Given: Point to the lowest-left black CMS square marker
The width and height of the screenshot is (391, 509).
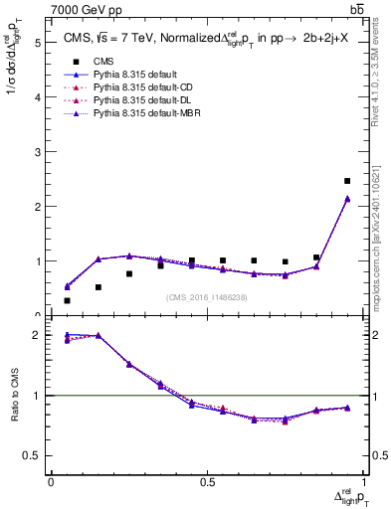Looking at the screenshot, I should click(x=67, y=300).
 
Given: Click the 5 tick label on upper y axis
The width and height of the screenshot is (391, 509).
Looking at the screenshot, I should click(x=37, y=43).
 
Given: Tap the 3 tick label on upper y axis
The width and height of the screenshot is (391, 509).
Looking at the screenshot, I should click(x=37, y=152).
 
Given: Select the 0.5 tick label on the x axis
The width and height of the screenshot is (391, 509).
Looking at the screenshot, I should click(x=207, y=482).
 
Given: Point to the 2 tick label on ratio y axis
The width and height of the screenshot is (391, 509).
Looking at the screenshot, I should click(x=37, y=335).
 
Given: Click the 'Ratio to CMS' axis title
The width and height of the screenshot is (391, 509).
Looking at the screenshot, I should click(x=14, y=397).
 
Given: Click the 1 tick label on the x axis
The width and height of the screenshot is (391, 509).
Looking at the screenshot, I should click(x=363, y=482).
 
